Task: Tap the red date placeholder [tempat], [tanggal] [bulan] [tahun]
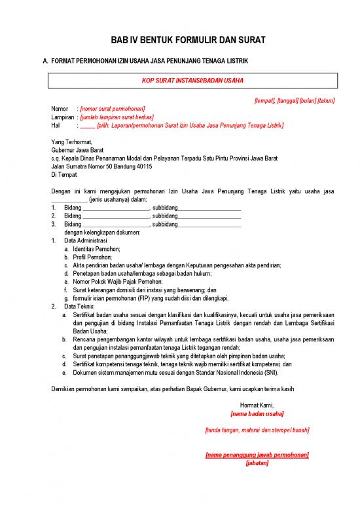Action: (294, 101)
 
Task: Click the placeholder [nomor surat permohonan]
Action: (113, 109)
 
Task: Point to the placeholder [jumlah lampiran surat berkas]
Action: (117, 117)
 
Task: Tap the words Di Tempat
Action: (64, 175)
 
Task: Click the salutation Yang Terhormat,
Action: (72, 142)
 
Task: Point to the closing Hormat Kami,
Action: (257, 405)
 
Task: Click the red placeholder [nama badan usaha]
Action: (257, 413)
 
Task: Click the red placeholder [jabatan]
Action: (257, 462)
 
